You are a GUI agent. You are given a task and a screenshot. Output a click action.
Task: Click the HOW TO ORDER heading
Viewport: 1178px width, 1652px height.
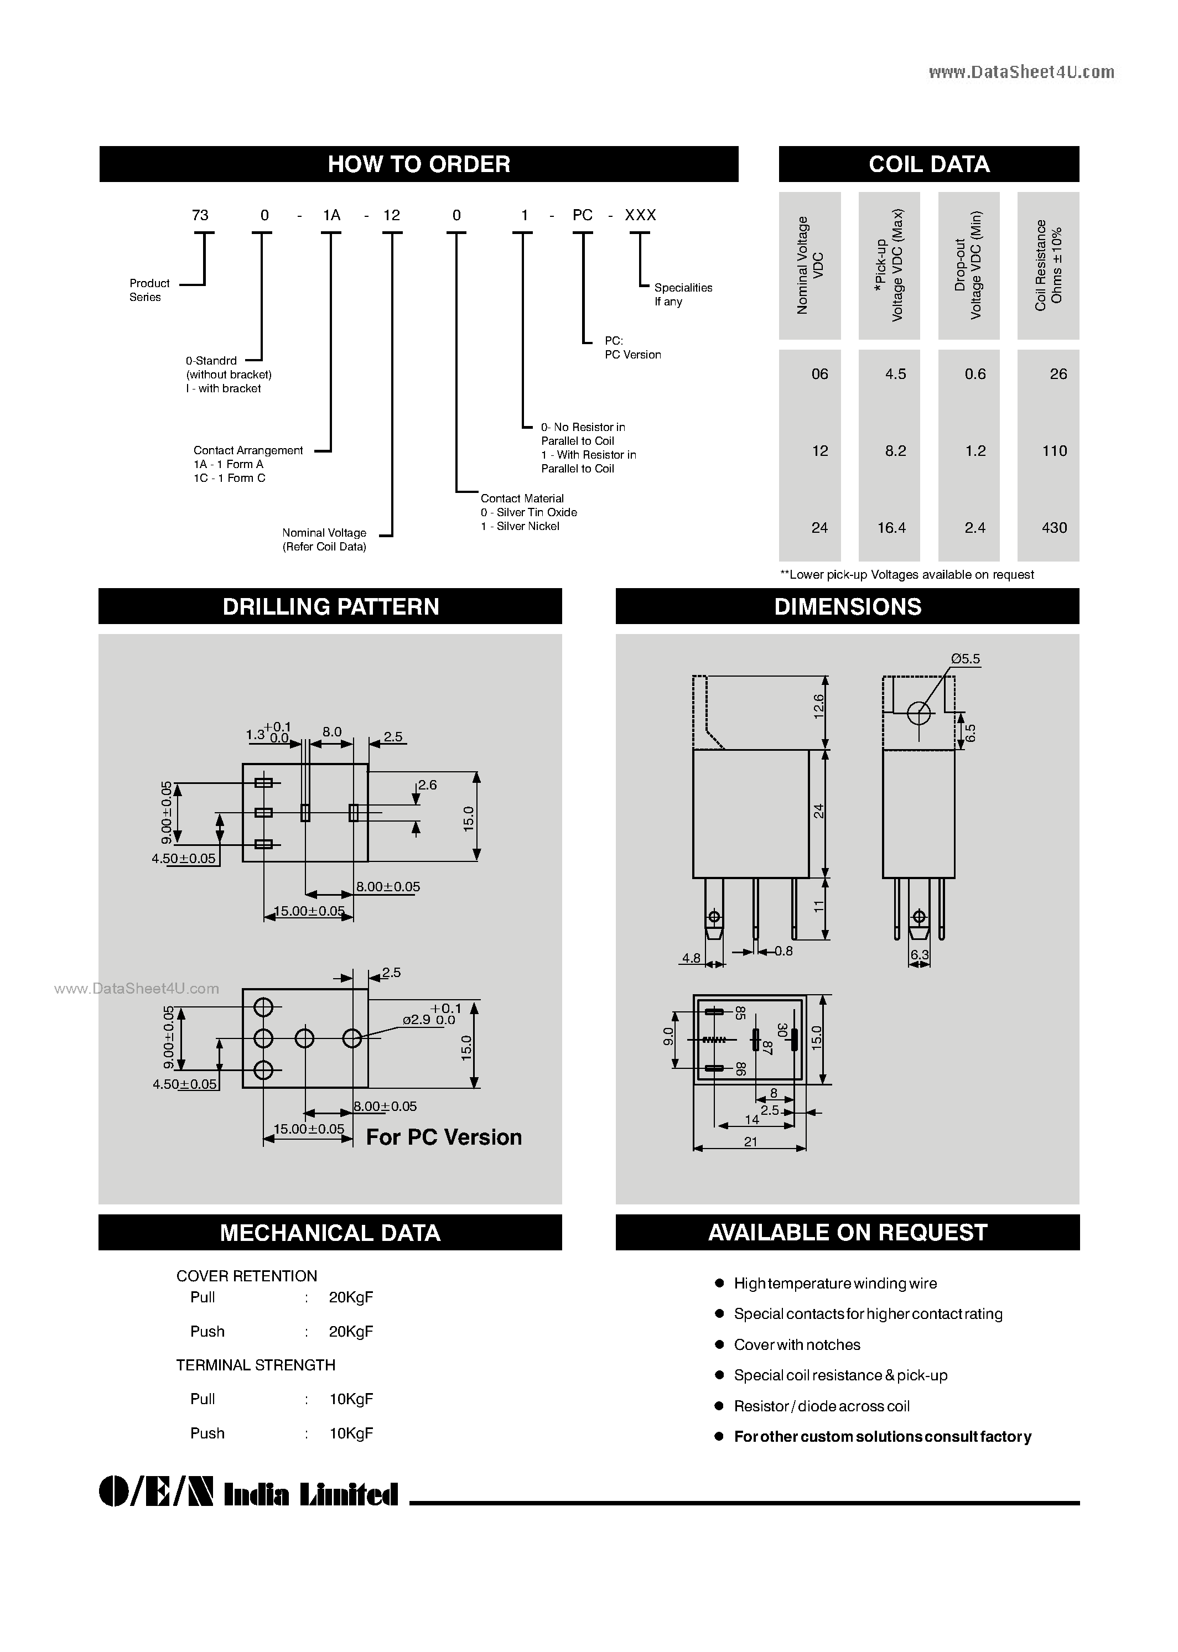(x=418, y=164)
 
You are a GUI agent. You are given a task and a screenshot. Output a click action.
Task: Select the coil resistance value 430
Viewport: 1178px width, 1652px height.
(x=1054, y=528)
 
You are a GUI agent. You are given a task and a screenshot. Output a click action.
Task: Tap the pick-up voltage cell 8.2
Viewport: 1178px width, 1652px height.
(x=895, y=451)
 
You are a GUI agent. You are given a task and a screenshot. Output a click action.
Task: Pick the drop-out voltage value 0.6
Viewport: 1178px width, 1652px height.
(x=975, y=374)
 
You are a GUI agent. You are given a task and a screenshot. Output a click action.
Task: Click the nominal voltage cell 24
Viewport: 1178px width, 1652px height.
(x=819, y=528)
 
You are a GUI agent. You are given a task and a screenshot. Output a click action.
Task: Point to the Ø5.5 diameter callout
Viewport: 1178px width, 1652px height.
(x=966, y=658)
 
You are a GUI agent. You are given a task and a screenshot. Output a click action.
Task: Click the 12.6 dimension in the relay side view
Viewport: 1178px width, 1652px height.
(x=819, y=706)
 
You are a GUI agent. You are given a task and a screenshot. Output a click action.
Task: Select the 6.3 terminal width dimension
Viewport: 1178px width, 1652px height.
(x=919, y=955)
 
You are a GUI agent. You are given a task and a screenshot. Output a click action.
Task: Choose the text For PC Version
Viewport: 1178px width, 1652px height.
(x=444, y=1137)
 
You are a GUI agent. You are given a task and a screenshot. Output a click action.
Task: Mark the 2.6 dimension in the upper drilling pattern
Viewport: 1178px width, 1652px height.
(x=427, y=785)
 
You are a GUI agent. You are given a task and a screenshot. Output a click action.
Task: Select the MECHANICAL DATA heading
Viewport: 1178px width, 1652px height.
(x=330, y=1233)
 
